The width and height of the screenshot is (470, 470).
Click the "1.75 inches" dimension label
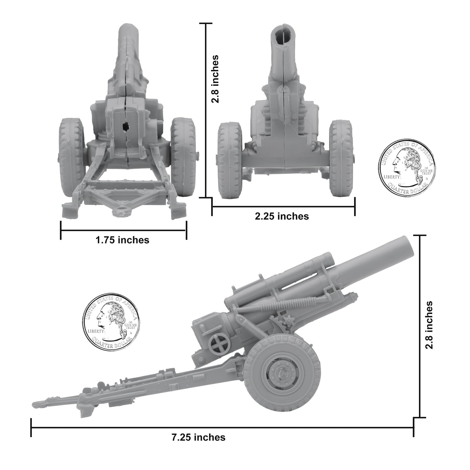[122, 240]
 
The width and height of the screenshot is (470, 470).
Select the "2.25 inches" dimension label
[282, 216]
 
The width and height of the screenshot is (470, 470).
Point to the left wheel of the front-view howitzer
[230, 160]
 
